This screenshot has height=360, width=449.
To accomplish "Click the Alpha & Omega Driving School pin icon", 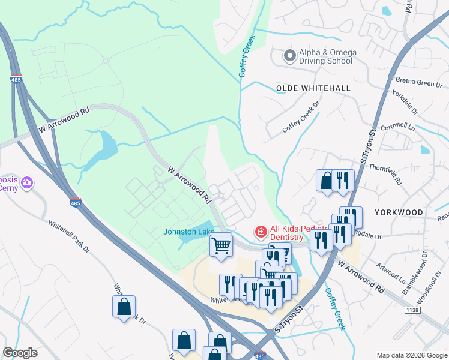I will pyautogui.click(x=289, y=56).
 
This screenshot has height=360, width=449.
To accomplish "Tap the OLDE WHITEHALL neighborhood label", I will pyautogui.click(x=313, y=88).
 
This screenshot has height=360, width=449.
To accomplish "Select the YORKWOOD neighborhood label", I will pyautogui.click(x=399, y=212).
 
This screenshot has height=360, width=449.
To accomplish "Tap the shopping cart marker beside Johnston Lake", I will pyautogui.click(x=221, y=245).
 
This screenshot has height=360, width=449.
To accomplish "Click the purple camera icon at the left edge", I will pyautogui.click(x=27, y=182).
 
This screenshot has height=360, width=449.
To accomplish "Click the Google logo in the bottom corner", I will pyautogui.click(x=20, y=352).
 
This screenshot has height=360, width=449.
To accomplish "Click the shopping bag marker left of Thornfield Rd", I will pyautogui.click(x=325, y=181).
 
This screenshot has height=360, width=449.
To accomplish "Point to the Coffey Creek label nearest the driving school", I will pyautogui.click(x=247, y=55).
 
